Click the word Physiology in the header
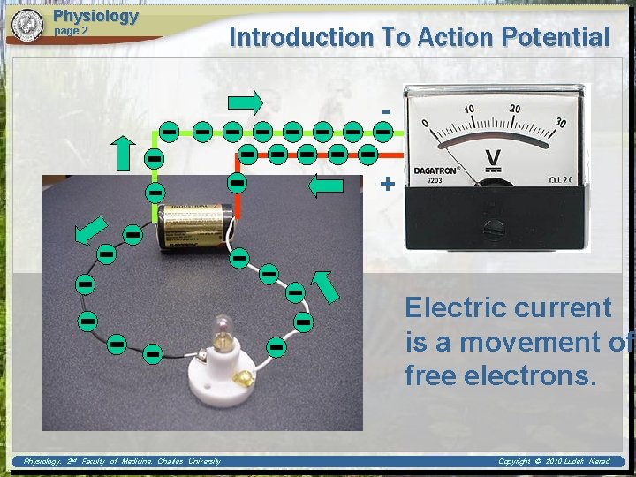tap(95, 16)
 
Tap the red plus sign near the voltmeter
tap(386, 184)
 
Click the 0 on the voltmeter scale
tap(426, 123)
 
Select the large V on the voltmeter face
tap(492, 156)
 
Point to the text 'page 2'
tap(72, 31)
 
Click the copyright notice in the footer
tap(553, 461)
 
